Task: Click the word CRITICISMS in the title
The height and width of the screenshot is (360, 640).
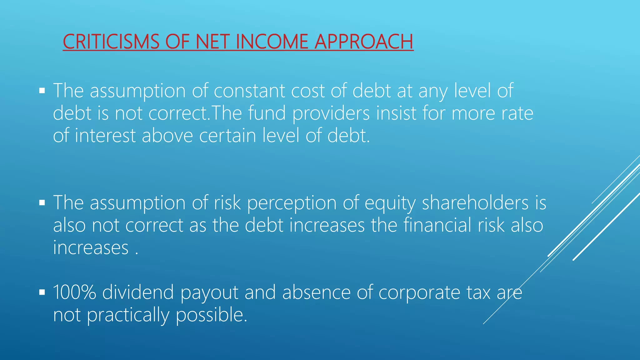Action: click(111, 42)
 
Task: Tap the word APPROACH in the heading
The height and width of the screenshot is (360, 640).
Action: click(364, 42)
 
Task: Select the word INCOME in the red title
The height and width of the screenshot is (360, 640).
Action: click(272, 42)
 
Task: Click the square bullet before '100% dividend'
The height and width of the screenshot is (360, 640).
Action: click(42, 292)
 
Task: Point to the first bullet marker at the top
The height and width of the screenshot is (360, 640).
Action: click(42, 91)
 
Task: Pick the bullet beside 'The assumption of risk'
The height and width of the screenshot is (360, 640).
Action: click(42, 203)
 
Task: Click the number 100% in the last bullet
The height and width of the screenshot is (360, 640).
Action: click(74, 292)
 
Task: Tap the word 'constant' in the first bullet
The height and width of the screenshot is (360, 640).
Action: click(249, 91)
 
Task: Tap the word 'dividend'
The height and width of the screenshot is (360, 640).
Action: click(138, 292)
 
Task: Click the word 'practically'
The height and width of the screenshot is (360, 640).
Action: click(128, 315)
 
